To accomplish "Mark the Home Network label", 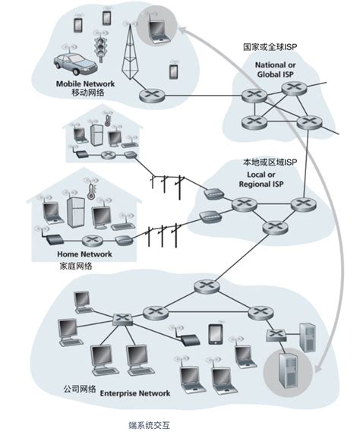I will point(84,254).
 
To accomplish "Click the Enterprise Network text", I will point(137,393).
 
